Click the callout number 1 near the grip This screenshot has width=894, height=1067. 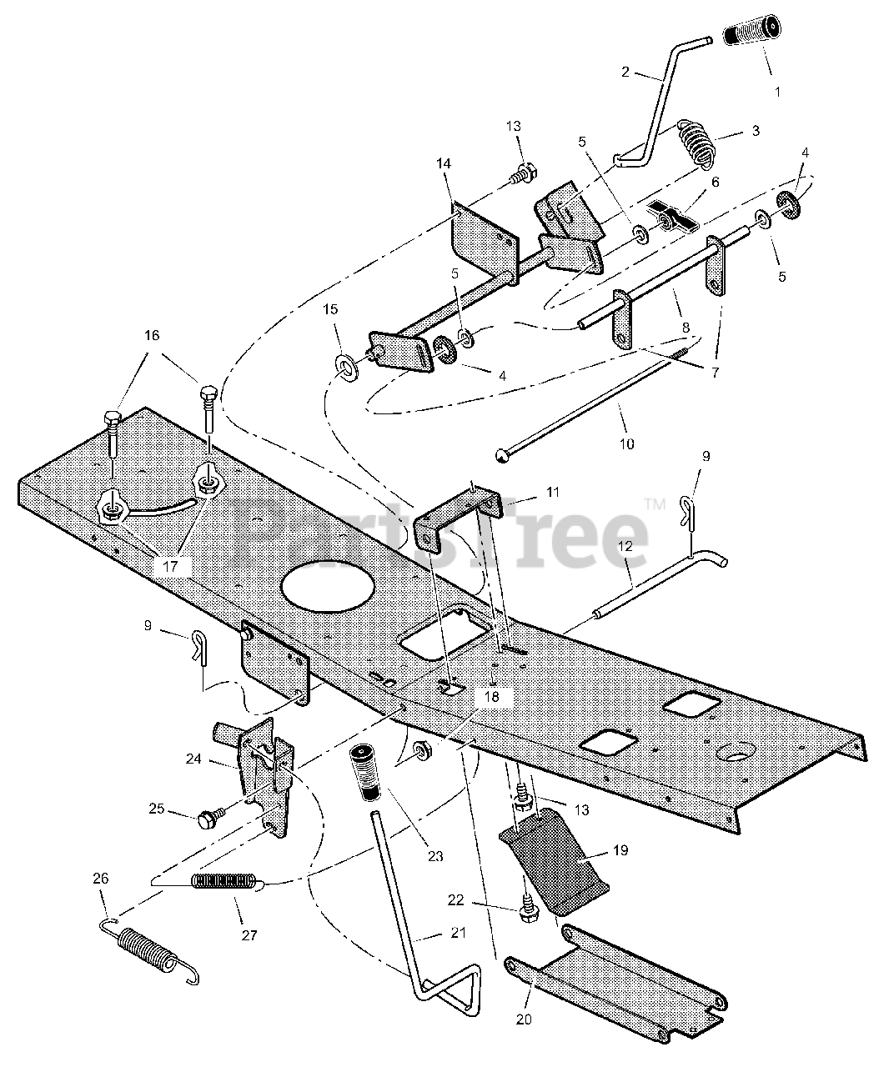click(x=778, y=91)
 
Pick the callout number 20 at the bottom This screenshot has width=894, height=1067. click(x=528, y=1018)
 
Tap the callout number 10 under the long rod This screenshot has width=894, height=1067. click(x=625, y=443)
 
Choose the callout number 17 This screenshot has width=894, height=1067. click(x=170, y=566)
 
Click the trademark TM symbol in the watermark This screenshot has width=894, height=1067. click(x=654, y=504)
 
